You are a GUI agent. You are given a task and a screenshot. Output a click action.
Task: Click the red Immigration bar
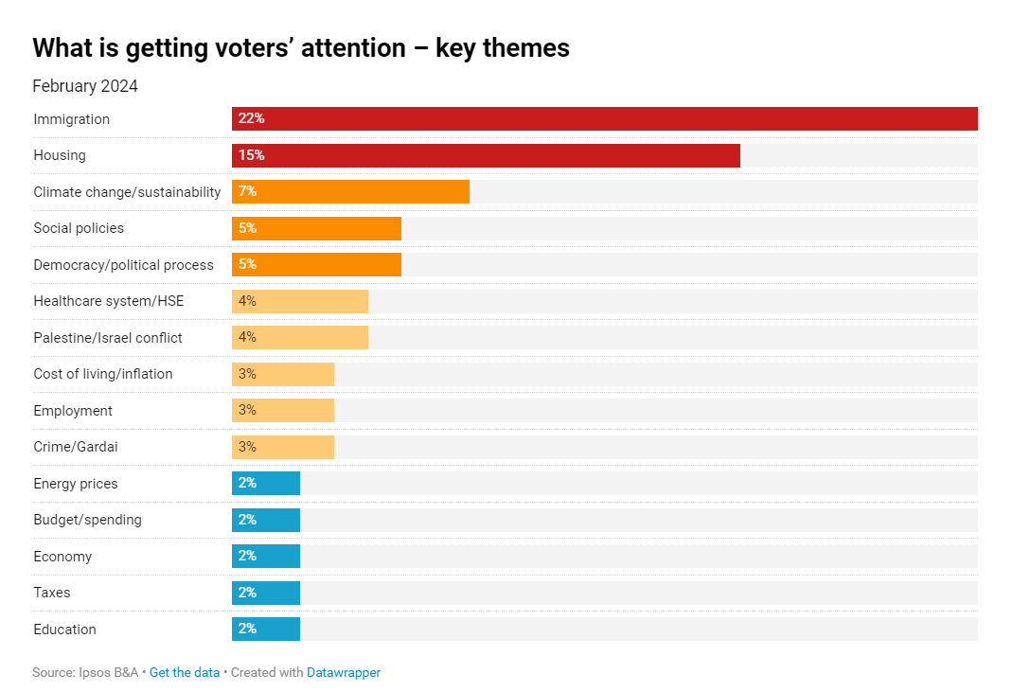pyautogui.click(x=604, y=119)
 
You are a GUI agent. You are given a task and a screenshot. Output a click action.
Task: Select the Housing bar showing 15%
pyautogui.click(x=486, y=155)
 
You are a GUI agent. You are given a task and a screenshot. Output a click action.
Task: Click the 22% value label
pyautogui.click(x=251, y=119)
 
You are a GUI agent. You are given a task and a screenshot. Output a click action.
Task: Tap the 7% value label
pyautogui.click(x=247, y=192)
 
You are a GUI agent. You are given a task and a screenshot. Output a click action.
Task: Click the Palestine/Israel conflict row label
pyautogui.click(x=108, y=338)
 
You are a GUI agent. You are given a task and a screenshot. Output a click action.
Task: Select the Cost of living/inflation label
pyautogui.click(x=103, y=374)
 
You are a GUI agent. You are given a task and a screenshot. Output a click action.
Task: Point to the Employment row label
pyautogui.click(x=73, y=411)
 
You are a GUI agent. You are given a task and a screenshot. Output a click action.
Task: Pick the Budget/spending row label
pyautogui.click(x=87, y=520)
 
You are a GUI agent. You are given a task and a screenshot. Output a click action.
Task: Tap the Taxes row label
pyautogui.click(x=52, y=593)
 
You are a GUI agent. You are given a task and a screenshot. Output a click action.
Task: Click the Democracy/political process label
pyautogui.click(x=124, y=265)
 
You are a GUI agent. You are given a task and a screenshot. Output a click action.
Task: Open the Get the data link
pyautogui.click(x=185, y=673)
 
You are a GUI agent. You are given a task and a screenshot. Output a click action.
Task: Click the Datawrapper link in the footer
pyautogui.click(x=344, y=673)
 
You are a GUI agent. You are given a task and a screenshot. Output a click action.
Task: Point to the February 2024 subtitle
pyautogui.click(x=85, y=86)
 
